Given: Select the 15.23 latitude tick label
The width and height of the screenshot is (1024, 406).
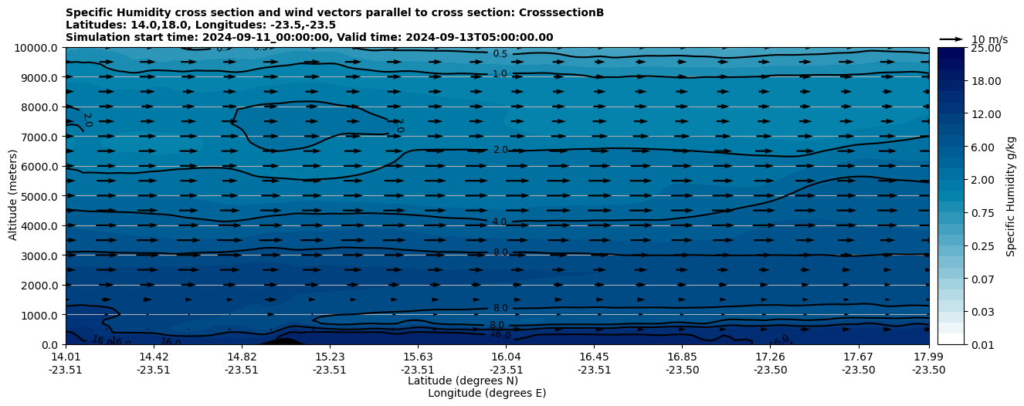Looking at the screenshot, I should point(330,357).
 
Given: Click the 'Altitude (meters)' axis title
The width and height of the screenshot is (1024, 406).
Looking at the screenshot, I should point(13,196).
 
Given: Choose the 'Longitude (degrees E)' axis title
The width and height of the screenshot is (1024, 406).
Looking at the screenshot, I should point(487,393).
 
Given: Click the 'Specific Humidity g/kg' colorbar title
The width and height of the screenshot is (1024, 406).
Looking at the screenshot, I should point(1011,196).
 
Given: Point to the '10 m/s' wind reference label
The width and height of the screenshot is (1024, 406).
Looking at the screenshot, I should point(989,39).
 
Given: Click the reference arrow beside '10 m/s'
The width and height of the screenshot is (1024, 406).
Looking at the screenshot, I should point(951,39).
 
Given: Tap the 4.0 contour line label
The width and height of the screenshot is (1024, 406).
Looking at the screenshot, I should point(500,222).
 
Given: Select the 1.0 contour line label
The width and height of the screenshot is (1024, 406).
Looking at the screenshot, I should point(500,74).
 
